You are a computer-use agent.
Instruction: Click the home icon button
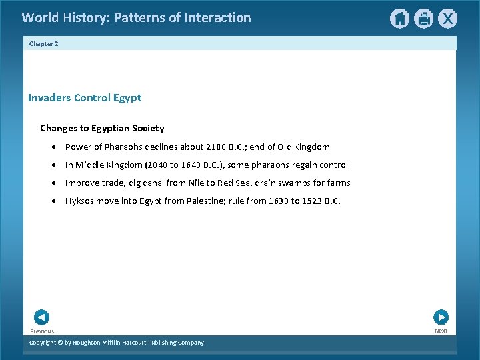point(399,19)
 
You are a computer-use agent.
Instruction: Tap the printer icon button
point(423,19)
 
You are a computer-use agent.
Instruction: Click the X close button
point(447,19)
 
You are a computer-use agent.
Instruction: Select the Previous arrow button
point(41,317)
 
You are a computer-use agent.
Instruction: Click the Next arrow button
point(441,317)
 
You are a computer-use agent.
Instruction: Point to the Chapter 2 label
point(44,43)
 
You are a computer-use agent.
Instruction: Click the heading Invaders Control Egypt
point(85,98)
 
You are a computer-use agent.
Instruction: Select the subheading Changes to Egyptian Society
point(102,128)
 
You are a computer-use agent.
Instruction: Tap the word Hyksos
point(79,201)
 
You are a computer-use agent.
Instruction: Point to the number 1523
point(311,201)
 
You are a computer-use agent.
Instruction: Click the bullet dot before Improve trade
point(53,183)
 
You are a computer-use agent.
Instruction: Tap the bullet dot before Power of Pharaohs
point(53,147)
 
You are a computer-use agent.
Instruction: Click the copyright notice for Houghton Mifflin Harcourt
point(117,343)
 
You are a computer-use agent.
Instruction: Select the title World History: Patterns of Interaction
point(136,18)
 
